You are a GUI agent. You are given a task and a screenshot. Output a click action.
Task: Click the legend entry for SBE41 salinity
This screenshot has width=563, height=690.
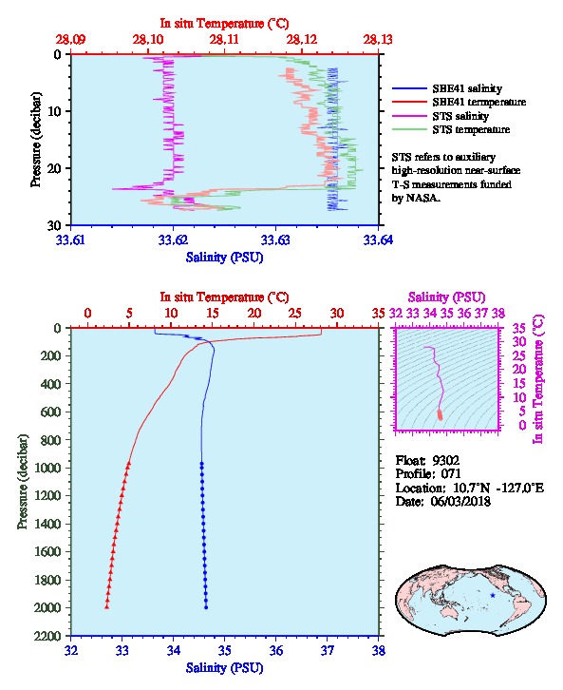click(x=447, y=88)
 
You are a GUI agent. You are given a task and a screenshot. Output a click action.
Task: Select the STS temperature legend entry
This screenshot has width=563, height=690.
click(x=451, y=129)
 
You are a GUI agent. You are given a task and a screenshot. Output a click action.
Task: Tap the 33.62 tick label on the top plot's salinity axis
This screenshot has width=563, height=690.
click(x=173, y=240)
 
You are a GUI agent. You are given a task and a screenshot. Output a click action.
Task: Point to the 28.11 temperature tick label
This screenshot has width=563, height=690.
click(x=224, y=40)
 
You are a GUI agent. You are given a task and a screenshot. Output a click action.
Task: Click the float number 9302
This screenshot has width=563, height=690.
click(x=445, y=460)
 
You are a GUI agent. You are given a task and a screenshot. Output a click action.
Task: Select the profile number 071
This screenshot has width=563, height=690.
click(x=451, y=474)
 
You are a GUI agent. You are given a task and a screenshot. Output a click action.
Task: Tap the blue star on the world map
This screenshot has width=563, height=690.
click(x=493, y=595)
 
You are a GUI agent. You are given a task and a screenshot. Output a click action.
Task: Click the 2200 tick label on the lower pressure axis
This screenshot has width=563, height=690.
click(x=47, y=636)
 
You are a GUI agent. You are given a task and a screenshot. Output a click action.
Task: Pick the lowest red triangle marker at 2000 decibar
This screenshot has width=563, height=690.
click(x=106, y=607)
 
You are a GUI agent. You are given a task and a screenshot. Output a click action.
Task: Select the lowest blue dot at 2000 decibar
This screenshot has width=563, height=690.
click(x=206, y=607)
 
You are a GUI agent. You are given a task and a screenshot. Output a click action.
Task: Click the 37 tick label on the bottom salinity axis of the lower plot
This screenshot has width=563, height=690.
click(x=327, y=650)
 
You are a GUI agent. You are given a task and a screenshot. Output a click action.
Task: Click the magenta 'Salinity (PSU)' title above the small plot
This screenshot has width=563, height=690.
click(x=446, y=297)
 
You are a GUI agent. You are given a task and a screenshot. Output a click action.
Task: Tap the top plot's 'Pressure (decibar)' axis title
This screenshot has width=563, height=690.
click(x=36, y=140)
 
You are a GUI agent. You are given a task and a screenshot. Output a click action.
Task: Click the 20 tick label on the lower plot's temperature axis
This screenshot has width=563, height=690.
click(x=253, y=313)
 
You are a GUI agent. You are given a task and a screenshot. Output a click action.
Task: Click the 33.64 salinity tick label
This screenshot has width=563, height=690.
click(x=379, y=240)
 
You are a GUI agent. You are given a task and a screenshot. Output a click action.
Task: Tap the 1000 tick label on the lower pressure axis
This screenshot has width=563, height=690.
click(x=47, y=468)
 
